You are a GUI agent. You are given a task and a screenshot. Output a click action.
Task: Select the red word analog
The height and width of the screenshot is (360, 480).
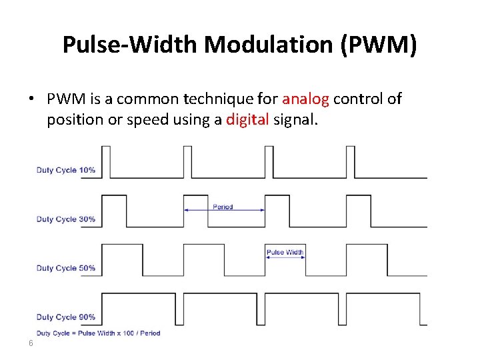(x=305, y=99)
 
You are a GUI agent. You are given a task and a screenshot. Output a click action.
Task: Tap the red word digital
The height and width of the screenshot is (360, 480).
(x=248, y=120)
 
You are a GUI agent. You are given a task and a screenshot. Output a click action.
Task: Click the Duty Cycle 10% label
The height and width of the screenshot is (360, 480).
(x=65, y=170)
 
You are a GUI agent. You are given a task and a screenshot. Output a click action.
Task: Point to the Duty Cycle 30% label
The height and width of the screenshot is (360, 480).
(x=65, y=219)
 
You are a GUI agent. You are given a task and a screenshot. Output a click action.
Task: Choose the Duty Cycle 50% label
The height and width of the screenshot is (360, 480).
(x=65, y=268)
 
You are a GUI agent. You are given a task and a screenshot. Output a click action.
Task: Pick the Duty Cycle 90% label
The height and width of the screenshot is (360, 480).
(x=65, y=317)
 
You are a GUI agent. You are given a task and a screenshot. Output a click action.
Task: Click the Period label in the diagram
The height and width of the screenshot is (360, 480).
(x=223, y=207)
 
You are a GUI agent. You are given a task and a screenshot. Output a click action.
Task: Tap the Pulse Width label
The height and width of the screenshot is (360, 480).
(x=285, y=253)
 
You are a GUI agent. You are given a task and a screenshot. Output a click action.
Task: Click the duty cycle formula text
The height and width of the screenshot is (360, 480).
(x=98, y=333)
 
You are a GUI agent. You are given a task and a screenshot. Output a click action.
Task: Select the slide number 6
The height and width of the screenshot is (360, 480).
(x=31, y=343)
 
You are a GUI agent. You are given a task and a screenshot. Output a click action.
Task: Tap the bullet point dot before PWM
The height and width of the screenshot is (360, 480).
(x=31, y=99)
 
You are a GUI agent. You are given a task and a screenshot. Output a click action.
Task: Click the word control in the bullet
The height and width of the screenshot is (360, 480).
(x=358, y=99)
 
